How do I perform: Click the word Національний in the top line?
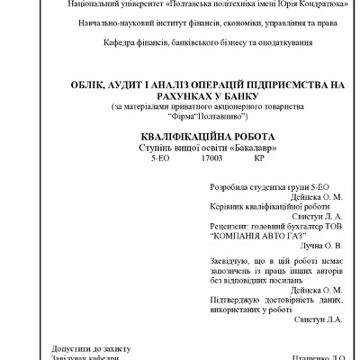(69, 4)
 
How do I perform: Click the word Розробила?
(229, 191)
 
